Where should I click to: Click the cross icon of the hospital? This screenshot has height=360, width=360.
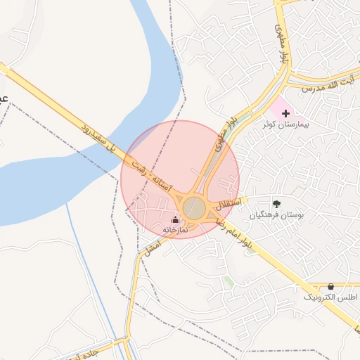coord(285,112)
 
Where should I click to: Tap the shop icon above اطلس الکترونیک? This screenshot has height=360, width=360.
coord(331,287)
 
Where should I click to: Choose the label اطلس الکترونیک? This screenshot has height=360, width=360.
coord(330,298)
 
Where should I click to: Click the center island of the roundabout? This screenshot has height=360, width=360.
coord(194,208)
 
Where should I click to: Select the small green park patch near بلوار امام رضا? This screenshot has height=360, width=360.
coord(229,282)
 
